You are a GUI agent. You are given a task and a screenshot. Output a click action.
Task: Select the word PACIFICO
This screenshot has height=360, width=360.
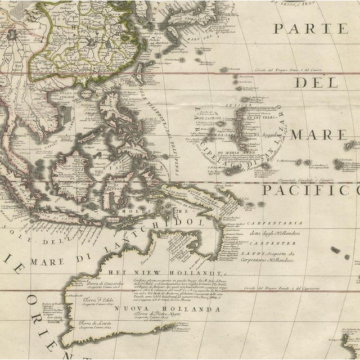[x=309, y=190]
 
